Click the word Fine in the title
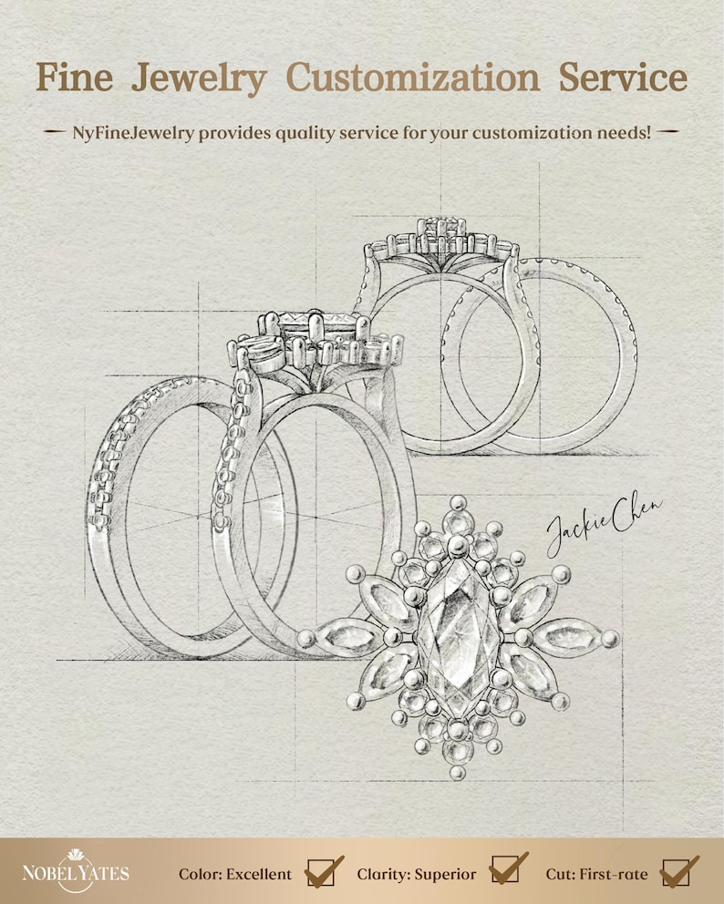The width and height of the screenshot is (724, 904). pyautogui.click(x=75, y=77)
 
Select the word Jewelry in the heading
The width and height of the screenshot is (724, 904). pyautogui.click(x=199, y=79)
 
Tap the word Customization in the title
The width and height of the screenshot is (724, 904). pyautogui.click(x=412, y=77)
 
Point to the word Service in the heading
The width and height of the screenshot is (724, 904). pyautogui.click(x=623, y=77)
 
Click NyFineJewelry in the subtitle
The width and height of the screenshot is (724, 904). pyautogui.click(x=133, y=133)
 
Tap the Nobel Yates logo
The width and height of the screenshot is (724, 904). pyautogui.click(x=76, y=870)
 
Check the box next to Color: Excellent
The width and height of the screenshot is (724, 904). pyautogui.click(x=320, y=872)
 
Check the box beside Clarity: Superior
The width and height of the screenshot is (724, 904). pyautogui.click(x=504, y=868)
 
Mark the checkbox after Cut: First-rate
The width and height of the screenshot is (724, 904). pyautogui.click(x=676, y=872)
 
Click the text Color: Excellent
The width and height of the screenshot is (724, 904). pyautogui.click(x=235, y=874)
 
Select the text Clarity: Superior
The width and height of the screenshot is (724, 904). pyautogui.click(x=417, y=875)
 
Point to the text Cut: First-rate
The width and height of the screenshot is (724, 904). pyautogui.click(x=596, y=874)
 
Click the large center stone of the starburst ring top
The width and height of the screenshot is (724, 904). pyautogui.click(x=458, y=638)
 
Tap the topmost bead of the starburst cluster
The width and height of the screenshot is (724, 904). pyautogui.click(x=458, y=503)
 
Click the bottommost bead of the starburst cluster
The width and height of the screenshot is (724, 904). pyautogui.click(x=458, y=772)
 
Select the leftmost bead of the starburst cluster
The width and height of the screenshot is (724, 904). pyautogui.click(x=306, y=638)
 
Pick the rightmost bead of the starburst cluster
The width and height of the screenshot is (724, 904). pyautogui.click(x=610, y=639)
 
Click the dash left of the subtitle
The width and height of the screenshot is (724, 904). pyautogui.click(x=55, y=132)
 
